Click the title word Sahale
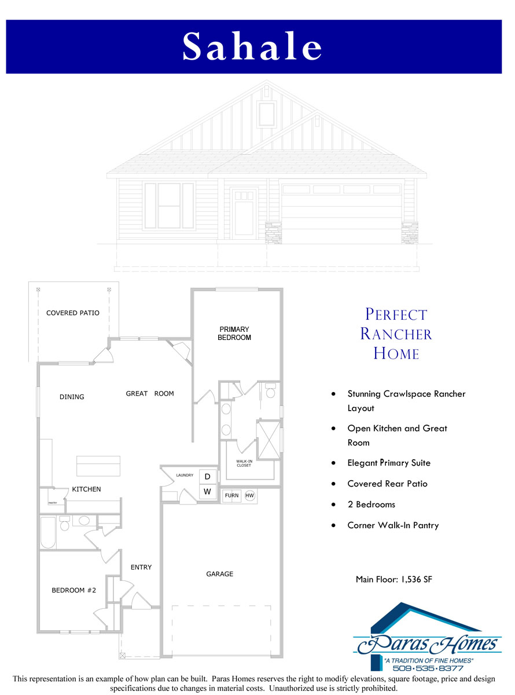pos(252,46)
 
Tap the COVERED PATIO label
pos(73,313)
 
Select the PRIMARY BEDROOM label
pos(234,334)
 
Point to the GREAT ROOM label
pos(150,394)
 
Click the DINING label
pos(72,397)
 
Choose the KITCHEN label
pos(86,489)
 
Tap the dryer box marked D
pos(207,477)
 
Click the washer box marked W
pos(207,492)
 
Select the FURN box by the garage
pos(232,496)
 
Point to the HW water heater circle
pos(250,496)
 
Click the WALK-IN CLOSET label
pos(244,463)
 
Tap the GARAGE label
pos(220,574)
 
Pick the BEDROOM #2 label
pos(74,591)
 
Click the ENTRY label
pos(141,568)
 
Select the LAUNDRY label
pos(185,475)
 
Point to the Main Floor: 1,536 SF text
pos(394,579)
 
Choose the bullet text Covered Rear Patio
pos(387,484)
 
